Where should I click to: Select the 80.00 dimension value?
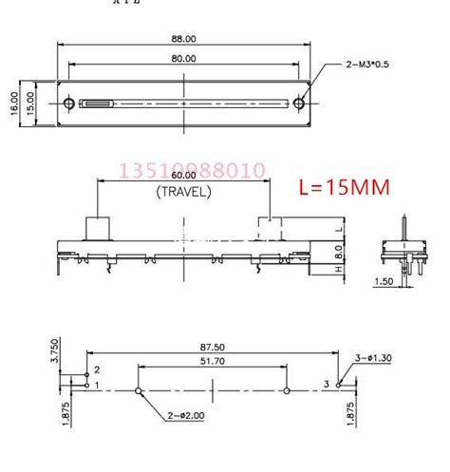[183, 58]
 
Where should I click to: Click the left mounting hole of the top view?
[69, 103]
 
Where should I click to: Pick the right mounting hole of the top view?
[298, 104]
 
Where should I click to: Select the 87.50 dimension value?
[213, 349]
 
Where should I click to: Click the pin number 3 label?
[326, 384]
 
